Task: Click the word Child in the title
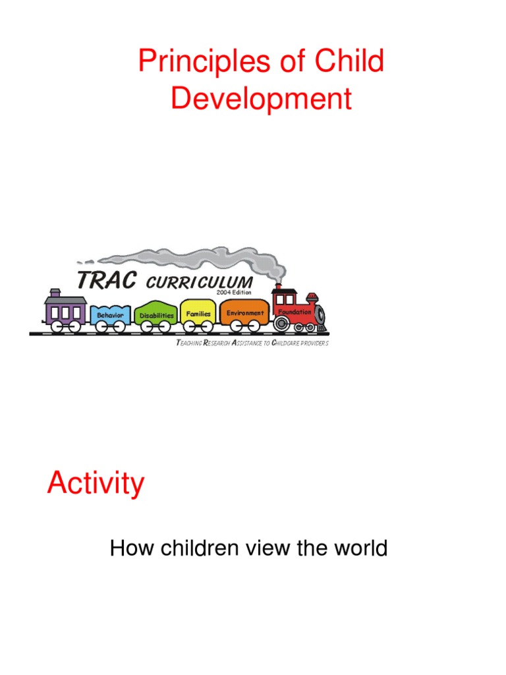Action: coord(349,63)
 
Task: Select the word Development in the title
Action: coord(261,100)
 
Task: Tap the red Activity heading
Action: coord(95,484)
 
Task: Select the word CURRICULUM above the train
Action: coord(199,283)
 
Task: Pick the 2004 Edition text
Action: coord(233,292)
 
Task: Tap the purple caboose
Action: coord(65,310)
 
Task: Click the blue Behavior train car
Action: coord(110,316)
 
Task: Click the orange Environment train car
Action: coord(244,313)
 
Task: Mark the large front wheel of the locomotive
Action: coord(281,324)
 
